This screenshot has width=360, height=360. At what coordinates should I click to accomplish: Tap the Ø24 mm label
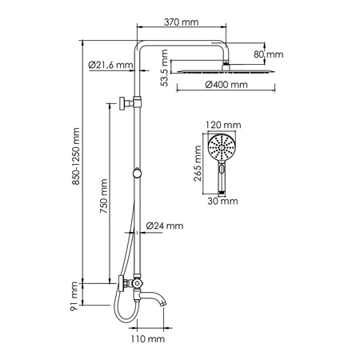coord(166,227)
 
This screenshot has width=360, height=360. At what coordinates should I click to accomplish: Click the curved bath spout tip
coord(166,304)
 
